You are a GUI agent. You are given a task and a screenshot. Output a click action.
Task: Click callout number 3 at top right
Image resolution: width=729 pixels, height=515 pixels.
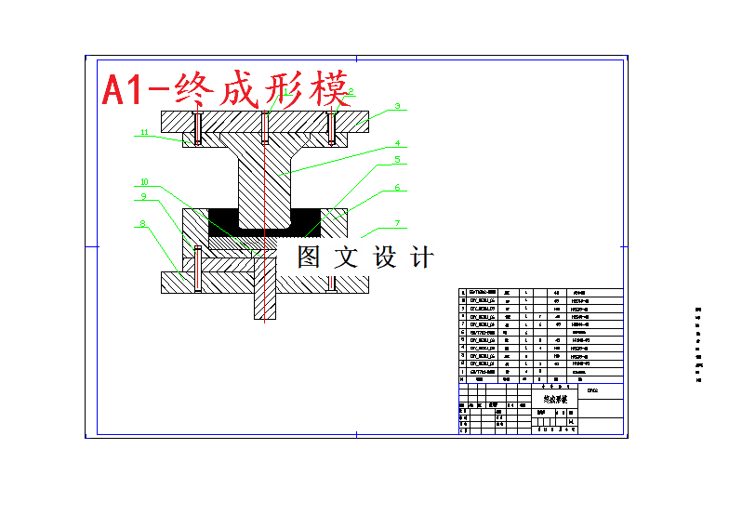click(396, 107)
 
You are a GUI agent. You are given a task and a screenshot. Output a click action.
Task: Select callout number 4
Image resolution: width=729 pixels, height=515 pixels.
click(396, 144)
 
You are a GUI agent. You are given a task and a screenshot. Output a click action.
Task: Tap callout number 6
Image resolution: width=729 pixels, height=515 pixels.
click(396, 188)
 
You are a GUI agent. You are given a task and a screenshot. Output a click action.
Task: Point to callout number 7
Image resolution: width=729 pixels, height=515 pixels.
click(396, 223)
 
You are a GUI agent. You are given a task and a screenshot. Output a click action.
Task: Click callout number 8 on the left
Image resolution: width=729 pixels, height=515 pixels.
click(142, 223)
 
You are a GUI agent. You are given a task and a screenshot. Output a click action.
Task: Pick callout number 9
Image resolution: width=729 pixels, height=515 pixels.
click(144, 196)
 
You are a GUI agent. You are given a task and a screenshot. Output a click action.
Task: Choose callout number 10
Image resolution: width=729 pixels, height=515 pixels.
click(144, 182)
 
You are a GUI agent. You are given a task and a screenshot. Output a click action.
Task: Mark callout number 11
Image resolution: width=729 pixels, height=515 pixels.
click(144, 133)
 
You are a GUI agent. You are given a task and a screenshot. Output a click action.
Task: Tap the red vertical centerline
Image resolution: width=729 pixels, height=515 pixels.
click(265, 186)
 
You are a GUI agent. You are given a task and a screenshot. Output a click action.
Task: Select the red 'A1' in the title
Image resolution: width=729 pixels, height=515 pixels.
click(124, 90)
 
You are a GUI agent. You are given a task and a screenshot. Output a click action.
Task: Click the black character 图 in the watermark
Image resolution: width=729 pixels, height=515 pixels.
click(310, 257)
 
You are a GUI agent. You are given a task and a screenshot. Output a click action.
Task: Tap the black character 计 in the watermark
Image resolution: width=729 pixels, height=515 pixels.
click(422, 257)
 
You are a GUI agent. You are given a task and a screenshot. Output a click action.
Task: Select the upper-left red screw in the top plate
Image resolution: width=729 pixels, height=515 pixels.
click(197, 127)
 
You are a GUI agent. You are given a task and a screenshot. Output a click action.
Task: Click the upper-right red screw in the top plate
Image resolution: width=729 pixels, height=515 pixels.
click(332, 127)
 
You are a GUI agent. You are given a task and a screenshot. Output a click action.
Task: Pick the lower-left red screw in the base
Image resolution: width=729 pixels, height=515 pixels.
click(197, 269)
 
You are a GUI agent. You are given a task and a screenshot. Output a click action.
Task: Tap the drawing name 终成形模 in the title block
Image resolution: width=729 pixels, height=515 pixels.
click(553, 397)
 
